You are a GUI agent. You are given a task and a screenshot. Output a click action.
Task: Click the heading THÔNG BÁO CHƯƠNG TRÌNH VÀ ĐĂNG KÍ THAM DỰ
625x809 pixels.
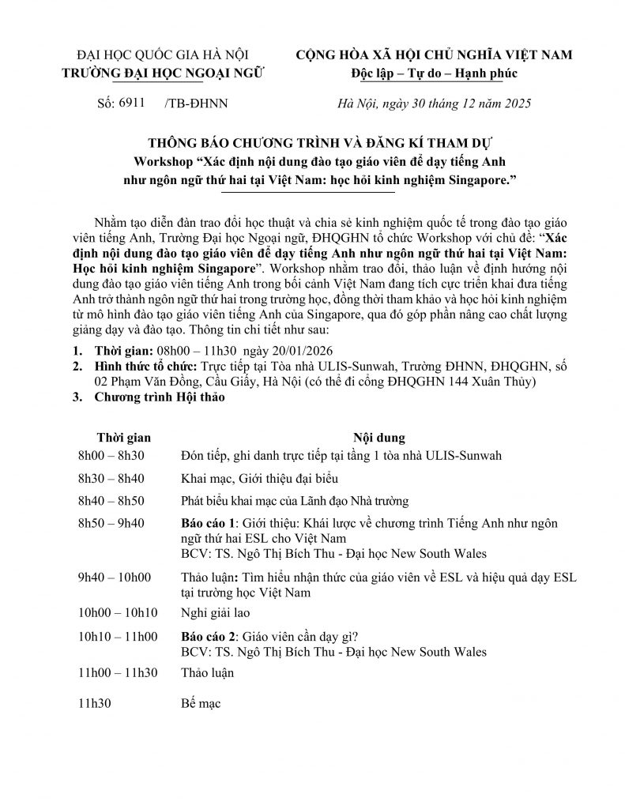[312, 143]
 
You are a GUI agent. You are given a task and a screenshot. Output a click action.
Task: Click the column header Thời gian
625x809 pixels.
[123, 437]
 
